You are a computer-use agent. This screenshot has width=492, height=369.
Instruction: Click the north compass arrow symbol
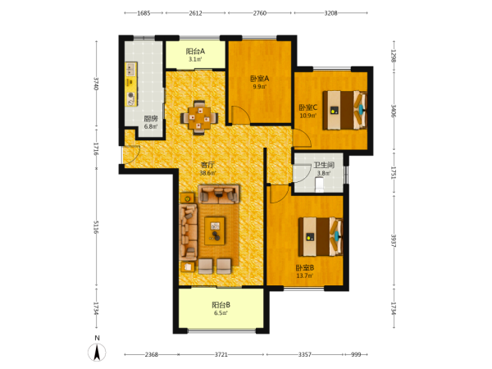(x=97, y=352)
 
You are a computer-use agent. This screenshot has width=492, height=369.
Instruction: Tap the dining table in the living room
(x=199, y=118)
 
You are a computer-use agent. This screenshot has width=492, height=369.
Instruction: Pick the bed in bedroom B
(x=320, y=237)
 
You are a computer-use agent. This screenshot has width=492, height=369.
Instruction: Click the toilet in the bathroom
(x=320, y=184)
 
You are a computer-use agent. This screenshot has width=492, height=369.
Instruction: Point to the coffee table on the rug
(x=215, y=230)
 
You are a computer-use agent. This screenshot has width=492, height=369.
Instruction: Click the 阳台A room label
(x=195, y=51)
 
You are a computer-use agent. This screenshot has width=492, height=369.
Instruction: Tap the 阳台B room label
(x=221, y=305)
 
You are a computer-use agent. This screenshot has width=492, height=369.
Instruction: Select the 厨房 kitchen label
(x=151, y=119)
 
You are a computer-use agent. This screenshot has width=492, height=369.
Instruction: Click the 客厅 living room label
(x=207, y=165)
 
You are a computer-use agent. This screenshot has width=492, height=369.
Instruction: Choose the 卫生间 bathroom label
(x=324, y=165)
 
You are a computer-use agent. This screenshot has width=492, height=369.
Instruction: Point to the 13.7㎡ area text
(x=305, y=276)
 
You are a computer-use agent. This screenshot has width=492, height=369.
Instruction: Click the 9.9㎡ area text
(x=259, y=87)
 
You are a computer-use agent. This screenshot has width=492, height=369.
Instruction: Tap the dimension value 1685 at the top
(x=143, y=13)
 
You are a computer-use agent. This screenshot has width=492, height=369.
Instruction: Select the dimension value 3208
(x=330, y=13)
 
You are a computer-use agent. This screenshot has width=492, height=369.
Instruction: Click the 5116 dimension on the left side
(x=96, y=227)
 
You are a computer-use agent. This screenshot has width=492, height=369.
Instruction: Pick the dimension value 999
(x=356, y=354)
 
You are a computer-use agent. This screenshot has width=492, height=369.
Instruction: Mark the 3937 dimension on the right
(x=394, y=240)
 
